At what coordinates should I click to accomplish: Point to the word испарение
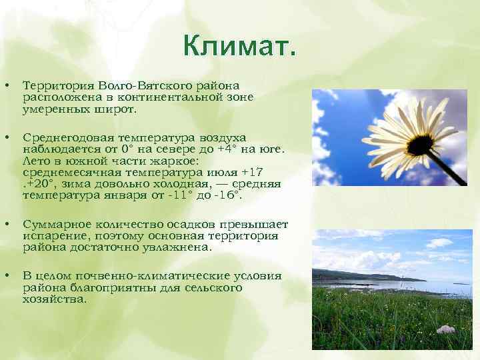(54, 236)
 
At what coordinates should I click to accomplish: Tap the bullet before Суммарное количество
(7, 225)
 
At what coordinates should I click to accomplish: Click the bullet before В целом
(7, 276)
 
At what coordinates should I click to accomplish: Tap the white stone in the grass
(445, 329)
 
